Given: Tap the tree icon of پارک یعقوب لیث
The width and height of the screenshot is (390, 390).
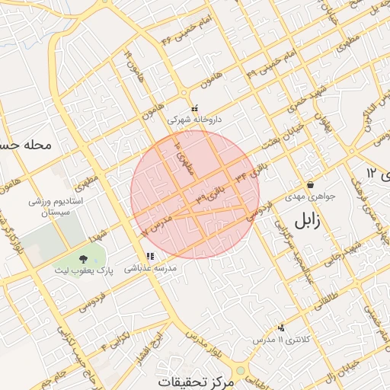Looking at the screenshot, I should pyautogui.click(x=82, y=260).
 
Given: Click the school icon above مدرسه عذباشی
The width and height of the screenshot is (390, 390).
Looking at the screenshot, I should pyautogui.click(x=150, y=257).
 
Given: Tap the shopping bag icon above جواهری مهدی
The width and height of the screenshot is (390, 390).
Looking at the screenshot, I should pyautogui.click(x=310, y=185).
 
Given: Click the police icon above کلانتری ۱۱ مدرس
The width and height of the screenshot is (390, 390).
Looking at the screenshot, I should pyautogui.click(x=282, y=328).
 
